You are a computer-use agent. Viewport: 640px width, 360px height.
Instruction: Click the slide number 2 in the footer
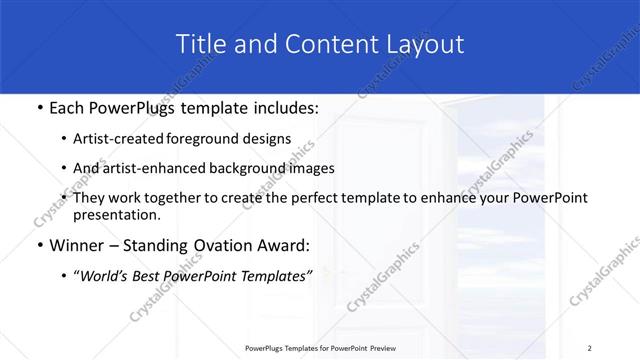(x=590, y=348)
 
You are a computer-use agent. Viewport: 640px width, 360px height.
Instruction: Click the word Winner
(x=77, y=246)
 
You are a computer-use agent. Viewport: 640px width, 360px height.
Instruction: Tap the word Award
(x=287, y=246)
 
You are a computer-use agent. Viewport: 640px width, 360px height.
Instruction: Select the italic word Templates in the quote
(x=274, y=276)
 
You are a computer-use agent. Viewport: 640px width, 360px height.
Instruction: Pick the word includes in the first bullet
(x=284, y=108)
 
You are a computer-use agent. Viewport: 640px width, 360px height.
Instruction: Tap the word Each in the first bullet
(x=68, y=108)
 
